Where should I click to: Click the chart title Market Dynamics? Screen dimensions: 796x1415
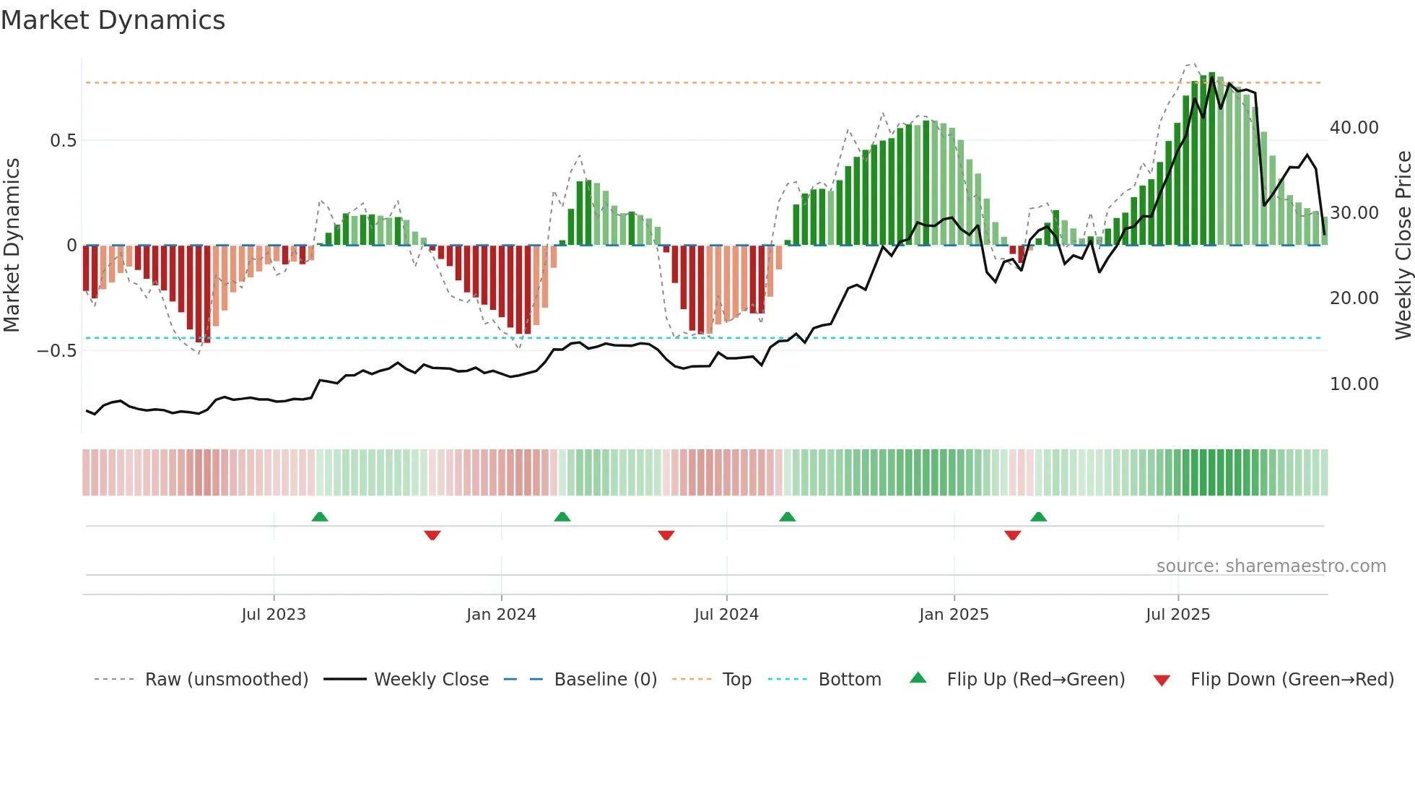113,20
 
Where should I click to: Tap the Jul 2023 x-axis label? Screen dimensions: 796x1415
274,615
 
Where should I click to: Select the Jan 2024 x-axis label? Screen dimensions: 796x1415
501,615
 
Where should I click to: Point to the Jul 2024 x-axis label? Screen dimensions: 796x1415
726,615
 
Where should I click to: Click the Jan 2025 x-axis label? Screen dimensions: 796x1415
954,615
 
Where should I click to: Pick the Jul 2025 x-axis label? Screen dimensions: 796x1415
1177,615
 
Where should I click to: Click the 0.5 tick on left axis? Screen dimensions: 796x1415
63,141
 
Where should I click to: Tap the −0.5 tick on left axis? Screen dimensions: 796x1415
57,351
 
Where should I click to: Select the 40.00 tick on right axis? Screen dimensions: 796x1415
1354,128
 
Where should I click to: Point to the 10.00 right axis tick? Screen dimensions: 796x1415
1354,384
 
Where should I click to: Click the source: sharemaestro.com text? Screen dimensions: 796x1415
1271,566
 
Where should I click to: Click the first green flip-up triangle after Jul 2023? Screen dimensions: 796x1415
320,516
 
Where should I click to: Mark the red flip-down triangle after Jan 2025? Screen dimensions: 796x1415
1012,535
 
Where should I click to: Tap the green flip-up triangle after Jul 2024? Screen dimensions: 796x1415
788,516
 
